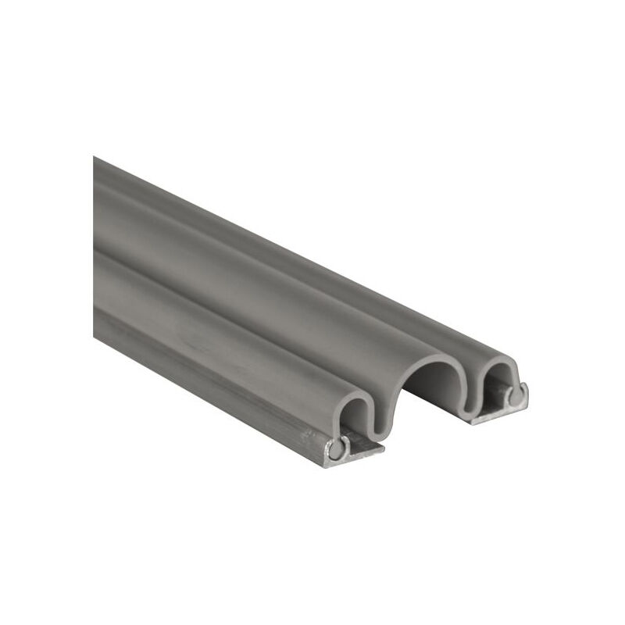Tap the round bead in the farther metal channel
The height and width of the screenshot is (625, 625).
pyautogui.click(x=514, y=396)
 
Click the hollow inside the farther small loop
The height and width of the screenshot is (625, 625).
pyautogui.click(x=497, y=383)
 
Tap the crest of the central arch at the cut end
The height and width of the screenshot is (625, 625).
pyautogui.click(x=430, y=355)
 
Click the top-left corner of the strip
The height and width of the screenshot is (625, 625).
pyautogui.click(x=95, y=158)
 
